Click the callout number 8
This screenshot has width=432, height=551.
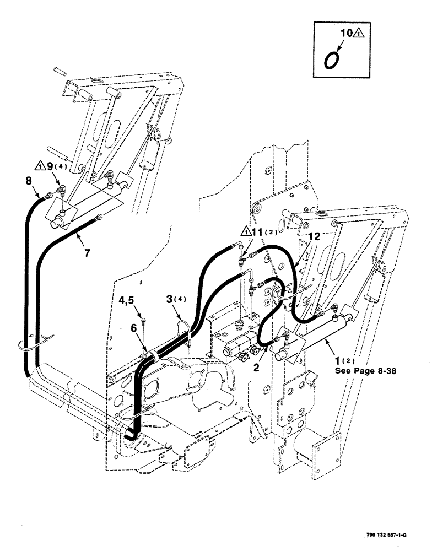click(x=29, y=180)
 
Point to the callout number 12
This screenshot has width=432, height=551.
click(x=313, y=236)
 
